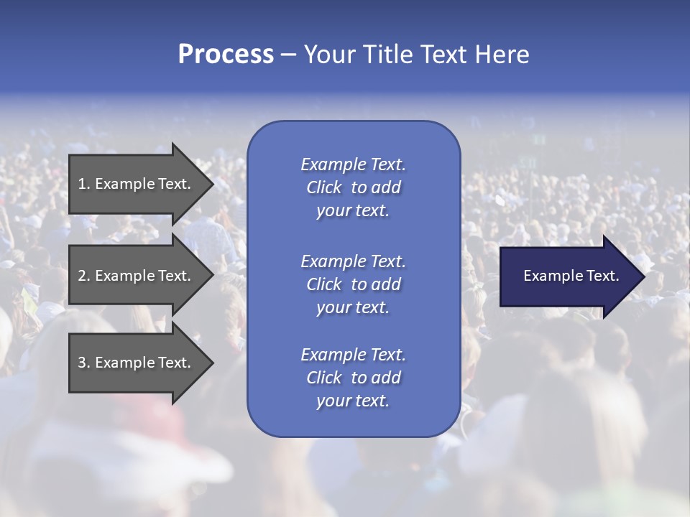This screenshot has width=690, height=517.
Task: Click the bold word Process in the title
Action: coord(226,55)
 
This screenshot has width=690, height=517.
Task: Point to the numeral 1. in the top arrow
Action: coord(83,184)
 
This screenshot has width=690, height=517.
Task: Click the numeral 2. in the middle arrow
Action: coord(83,276)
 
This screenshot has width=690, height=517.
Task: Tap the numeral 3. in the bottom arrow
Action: coord(83,363)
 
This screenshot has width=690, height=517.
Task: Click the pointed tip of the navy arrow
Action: coord(641,276)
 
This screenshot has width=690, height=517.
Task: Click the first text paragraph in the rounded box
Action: coord(353,187)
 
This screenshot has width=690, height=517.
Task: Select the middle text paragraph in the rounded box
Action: coord(353,284)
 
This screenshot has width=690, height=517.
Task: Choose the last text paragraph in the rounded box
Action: coord(353,378)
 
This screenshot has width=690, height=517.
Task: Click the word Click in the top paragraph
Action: coord(323,187)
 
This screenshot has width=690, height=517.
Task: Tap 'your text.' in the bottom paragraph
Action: coord(353,401)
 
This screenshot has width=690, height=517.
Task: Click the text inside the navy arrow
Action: coord(571,276)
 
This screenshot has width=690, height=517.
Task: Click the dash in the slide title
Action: coord(288,55)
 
